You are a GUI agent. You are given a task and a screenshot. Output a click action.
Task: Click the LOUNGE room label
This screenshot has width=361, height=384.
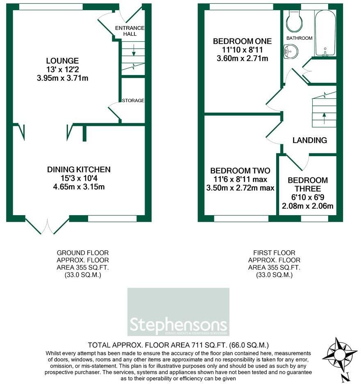pos(62,61)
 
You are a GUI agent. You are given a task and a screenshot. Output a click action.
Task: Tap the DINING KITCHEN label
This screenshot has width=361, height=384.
pos(79,169)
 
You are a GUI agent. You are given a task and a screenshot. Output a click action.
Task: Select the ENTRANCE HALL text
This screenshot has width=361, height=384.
pos(129,31)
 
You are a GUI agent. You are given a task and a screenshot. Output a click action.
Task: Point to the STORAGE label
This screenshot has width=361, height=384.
pos(132,100)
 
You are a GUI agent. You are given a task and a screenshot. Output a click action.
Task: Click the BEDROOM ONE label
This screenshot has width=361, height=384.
pos(242,41)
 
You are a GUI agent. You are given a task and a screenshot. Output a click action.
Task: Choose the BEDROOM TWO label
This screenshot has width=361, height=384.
pos(240,170)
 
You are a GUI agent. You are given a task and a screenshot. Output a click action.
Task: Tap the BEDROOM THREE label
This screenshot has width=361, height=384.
pos(307,184)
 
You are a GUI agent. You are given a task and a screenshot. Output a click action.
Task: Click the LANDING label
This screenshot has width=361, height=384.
pos(309,140)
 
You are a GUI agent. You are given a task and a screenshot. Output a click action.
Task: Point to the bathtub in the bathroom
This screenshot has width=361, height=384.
pos(325,33)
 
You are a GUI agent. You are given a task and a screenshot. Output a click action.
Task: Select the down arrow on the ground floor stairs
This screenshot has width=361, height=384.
pos(133,51)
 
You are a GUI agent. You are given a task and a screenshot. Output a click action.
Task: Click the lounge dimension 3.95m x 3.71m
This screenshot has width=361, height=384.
pos(62,78)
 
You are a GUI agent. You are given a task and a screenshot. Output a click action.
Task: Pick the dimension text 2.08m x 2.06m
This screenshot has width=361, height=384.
pos(307,206)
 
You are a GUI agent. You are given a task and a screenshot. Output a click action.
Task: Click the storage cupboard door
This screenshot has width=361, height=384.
pos(114,113)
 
